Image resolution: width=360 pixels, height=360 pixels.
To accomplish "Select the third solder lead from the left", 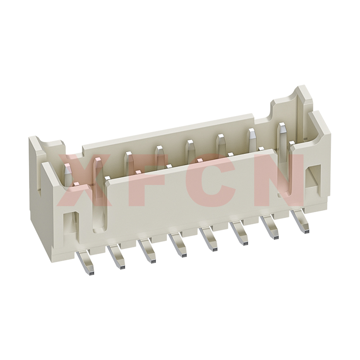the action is tap(148, 251).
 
